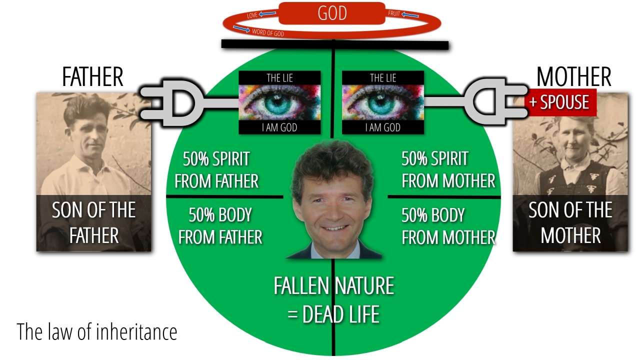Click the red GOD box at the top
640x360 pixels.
tap(332, 13)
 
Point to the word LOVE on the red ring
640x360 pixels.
tap(252, 16)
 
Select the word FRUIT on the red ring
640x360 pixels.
tap(394, 13)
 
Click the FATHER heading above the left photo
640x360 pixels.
tap(92, 77)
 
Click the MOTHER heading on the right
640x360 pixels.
tap(573, 77)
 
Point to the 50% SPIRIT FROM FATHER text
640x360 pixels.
tap(216, 170)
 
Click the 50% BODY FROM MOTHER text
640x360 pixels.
tap(448, 225)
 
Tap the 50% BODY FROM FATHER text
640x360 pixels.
tap(220, 225)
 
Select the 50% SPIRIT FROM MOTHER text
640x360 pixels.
tap(448, 170)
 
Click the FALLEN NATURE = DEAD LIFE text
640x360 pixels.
tap(333, 300)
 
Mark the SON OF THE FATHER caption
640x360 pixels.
tap(94, 222)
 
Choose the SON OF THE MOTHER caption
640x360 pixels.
tap(570, 222)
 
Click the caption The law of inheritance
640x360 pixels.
tap(97, 331)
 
